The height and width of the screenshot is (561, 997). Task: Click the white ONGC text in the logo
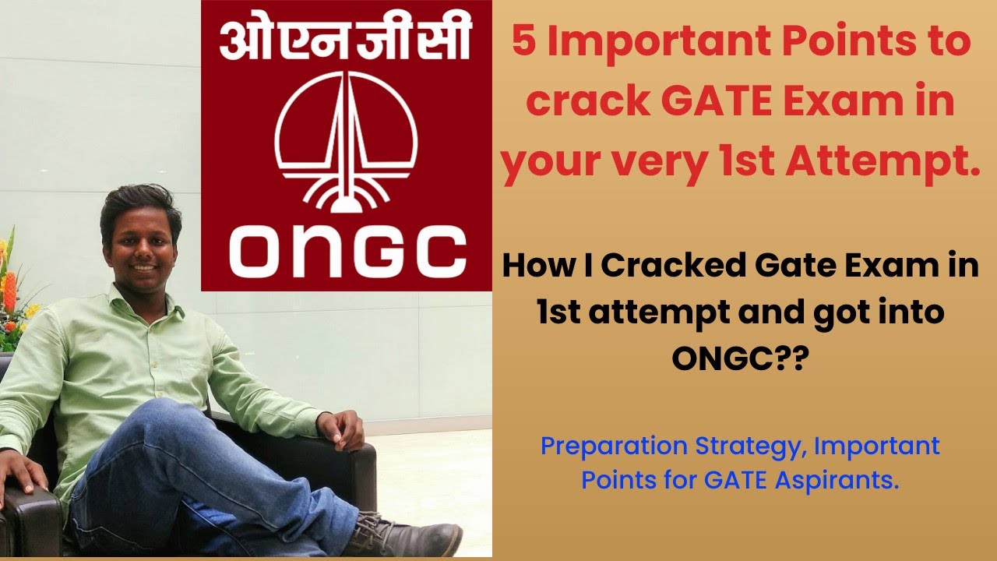(x=347, y=251)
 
